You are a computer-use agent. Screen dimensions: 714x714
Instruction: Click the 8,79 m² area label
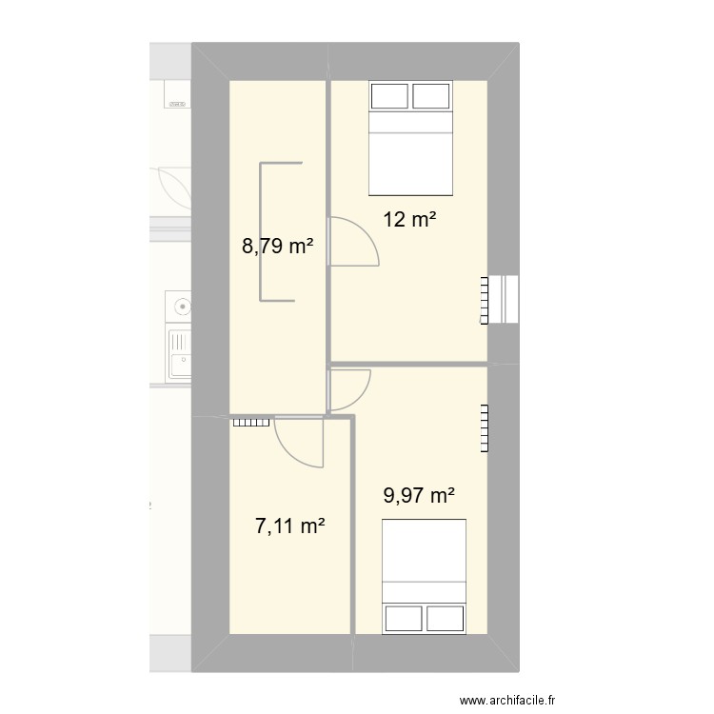point(277,248)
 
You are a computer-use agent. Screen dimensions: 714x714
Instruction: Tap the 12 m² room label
point(409,220)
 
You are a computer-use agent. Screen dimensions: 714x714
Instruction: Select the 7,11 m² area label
point(290,525)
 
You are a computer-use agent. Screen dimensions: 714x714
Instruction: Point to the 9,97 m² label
point(419,495)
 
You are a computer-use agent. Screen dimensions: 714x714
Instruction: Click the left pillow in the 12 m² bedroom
point(389,96)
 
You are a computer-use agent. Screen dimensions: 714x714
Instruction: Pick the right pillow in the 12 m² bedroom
point(430,96)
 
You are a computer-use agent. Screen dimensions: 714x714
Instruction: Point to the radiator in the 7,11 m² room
point(251,423)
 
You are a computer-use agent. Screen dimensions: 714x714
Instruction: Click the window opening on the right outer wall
point(505,300)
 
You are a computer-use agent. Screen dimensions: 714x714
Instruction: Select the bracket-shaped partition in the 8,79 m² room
point(271,232)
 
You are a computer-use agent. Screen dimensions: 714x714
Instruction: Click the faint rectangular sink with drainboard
point(179,353)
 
